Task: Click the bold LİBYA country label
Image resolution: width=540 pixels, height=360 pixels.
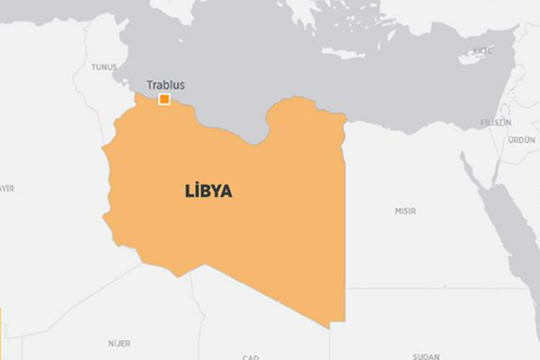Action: click(207, 190)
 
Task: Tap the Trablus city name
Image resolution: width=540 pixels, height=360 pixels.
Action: click(166, 85)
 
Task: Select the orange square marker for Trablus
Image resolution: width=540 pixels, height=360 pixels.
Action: click(164, 99)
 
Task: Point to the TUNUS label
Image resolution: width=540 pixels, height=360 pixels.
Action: click(104, 67)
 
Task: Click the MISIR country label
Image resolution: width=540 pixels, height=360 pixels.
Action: click(405, 210)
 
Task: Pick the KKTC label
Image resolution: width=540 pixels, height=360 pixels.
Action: click(483, 51)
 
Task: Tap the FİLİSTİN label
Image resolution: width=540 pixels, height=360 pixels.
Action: click(495, 122)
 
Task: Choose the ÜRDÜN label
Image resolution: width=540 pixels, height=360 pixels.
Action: click(521, 139)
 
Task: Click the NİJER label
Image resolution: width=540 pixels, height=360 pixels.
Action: click(119, 343)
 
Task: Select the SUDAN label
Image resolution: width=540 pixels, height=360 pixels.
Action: click(426, 356)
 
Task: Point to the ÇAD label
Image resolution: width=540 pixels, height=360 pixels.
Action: click(250, 357)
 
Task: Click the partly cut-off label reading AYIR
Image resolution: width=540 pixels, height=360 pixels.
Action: click(7, 188)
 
